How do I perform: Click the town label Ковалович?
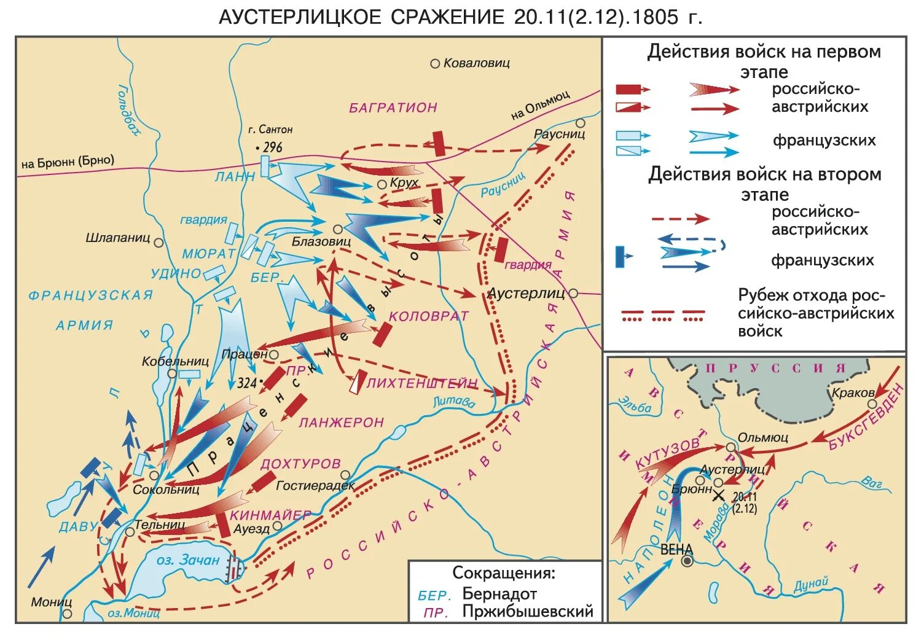pyautogui.click(x=476, y=63)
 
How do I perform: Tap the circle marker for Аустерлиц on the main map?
pyautogui.click(x=573, y=294)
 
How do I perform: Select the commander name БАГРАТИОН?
pyautogui.click(x=393, y=107)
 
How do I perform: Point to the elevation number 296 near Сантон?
pyautogui.click(x=272, y=147)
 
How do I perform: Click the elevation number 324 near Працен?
pyautogui.click(x=247, y=383)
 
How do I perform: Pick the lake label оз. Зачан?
pyautogui.click(x=187, y=560)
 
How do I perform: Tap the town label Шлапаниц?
pyautogui.click(x=118, y=238)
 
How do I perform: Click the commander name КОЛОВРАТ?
pyautogui.click(x=429, y=316)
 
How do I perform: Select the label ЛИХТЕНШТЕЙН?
pyautogui.click(x=422, y=383)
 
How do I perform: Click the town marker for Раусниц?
pyautogui.click(x=580, y=123)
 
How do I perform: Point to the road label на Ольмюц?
pyautogui.click(x=540, y=105)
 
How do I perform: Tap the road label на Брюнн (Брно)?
pyautogui.click(x=68, y=162)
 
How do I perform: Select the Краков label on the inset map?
pyautogui.click(x=852, y=393)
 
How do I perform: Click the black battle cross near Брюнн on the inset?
pyautogui.click(x=718, y=496)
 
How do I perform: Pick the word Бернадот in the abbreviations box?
pyautogui.click(x=499, y=595)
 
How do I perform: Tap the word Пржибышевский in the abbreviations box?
pyautogui.click(x=527, y=612)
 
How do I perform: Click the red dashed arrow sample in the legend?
pyautogui.click(x=680, y=218)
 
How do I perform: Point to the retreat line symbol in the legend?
pyautogui.click(x=662, y=316)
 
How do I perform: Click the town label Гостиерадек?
pyautogui.click(x=315, y=486)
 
